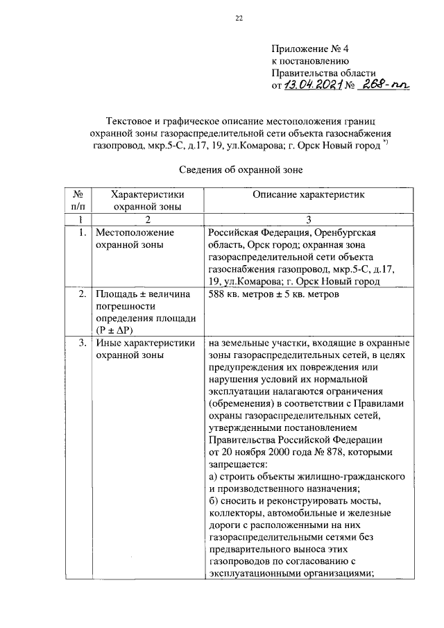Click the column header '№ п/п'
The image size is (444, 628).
pyautogui.click(x=79, y=201)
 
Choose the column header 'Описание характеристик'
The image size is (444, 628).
pyautogui.click(x=307, y=195)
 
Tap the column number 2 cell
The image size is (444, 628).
pyautogui.click(x=147, y=219)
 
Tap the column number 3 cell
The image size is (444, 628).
pyautogui.click(x=307, y=219)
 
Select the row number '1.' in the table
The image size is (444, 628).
pyautogui.click(x=82, y=232)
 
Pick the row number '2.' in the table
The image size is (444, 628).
pyautogui.click(x=82, y=294)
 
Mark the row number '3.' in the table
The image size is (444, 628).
pyautogui.click(x=82, y=343)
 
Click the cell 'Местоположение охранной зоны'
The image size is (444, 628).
pyautogui.click(x=135, y=238)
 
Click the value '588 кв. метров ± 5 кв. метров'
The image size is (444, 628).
pyautogui.click(x=272, y=294)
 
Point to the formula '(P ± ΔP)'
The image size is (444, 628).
pyautogui.click(x=117, y=330)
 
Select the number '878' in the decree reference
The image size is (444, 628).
pyautogui.click(x=361, y=452)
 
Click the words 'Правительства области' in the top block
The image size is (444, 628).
pyautogui.click(x=323, y=73)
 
